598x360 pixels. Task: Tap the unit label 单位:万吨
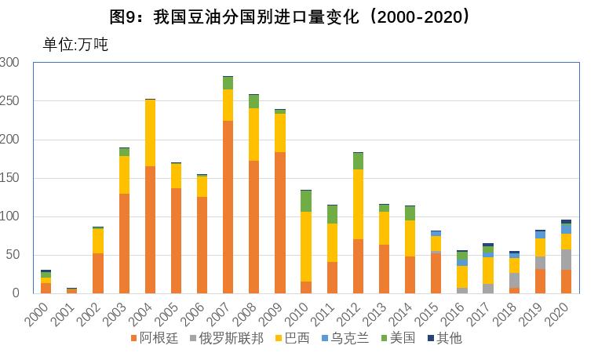(75, 45)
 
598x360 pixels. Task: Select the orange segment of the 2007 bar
(228, 207)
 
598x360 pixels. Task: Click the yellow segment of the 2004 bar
(150, 133)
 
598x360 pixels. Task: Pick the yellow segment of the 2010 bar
(305, 246)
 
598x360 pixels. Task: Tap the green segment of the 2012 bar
(358, 161)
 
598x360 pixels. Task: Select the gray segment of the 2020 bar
(565, 260)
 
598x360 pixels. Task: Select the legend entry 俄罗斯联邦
(233, 339)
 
